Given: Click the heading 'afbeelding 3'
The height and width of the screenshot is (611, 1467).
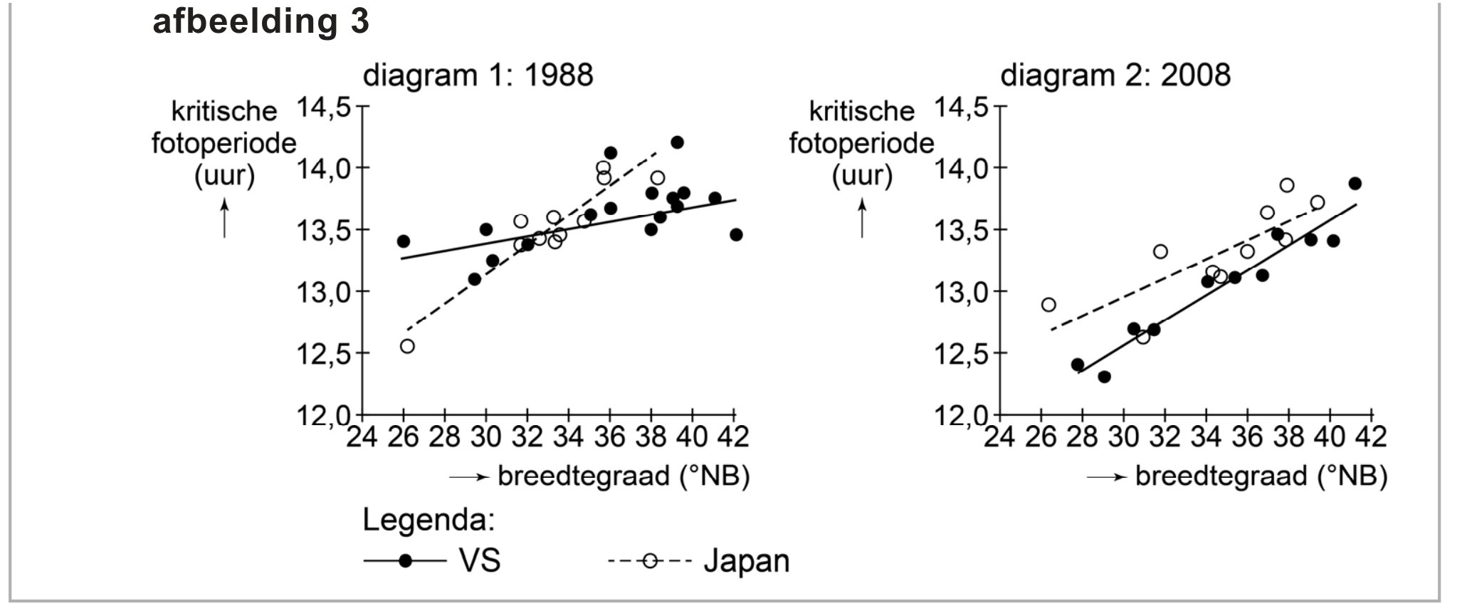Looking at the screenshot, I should [x=261, y=22].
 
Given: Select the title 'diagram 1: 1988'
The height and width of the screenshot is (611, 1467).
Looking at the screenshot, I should [x=478, y=75].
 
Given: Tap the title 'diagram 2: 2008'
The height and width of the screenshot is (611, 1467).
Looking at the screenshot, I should [x=1115, y=75].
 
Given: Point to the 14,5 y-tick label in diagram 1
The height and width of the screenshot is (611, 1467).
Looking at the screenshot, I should [x=323, y=108].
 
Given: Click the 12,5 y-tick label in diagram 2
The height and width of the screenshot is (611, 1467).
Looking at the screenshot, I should [x=961, y=354].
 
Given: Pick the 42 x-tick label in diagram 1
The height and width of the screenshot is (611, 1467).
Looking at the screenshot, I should [x=733, y=437].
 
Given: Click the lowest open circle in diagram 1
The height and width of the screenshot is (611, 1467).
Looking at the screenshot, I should [x=407, y=347].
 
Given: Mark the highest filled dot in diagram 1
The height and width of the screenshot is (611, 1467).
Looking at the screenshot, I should [x=677, y=142].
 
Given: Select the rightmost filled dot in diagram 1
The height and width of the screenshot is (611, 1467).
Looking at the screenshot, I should [x=736, y=235].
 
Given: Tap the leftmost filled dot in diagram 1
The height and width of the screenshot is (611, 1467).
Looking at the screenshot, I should [x=404, y=241].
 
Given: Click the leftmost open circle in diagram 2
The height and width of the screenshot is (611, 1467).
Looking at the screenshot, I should [x=1048, y=305].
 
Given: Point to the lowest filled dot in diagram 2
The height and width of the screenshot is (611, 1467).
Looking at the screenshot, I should [x=1104, y=377].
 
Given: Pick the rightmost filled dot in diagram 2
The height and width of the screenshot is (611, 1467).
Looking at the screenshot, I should [x=1355, y=184].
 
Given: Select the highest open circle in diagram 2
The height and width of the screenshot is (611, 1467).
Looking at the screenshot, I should [x=1287, y=185].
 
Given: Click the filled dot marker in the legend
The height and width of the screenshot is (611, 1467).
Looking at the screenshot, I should [x=406, y=561].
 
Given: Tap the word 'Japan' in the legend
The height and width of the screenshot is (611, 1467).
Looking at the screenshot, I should [x=747, y=561].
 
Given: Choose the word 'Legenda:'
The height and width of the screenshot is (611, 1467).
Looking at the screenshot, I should [x=428, y=521].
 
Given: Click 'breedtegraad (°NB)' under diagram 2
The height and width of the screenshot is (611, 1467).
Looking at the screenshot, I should [x=1261, y=476].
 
